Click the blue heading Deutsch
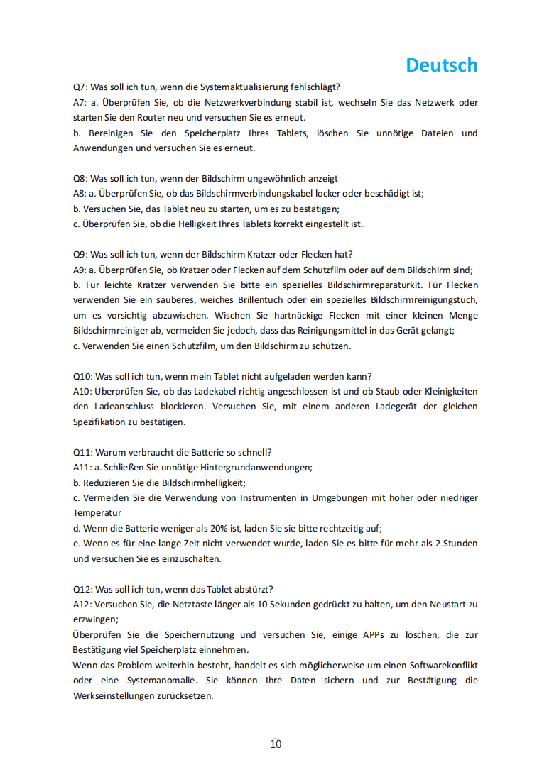[x=442, y=65]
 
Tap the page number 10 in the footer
[x=276, y=744]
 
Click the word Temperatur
[x=97, y=513]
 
